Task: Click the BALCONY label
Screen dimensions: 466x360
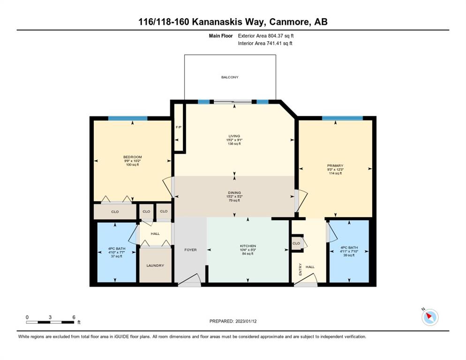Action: coord(230,77)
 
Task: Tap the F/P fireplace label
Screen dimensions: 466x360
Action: coord(179,127)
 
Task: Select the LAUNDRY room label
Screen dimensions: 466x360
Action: coord(155,265)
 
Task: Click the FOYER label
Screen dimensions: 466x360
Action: coord(190,250)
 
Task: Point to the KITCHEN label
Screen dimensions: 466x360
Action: coord(248,246)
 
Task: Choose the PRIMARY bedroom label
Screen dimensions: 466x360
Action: coord(335,165)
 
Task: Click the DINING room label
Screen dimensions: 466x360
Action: coord(234,193)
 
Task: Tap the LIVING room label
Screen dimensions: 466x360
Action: coord(234,136)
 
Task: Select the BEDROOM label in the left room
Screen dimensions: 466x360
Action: coord(133,157)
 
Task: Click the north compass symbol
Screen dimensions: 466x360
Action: coord(430,317)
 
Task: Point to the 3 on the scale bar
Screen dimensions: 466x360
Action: coord(50,317)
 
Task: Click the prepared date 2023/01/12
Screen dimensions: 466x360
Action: coord(246,322)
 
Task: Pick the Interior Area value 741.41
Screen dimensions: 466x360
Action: coord(275,44)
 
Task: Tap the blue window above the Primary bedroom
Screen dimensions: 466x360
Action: coord(342,118)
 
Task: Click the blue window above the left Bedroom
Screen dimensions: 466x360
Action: coord(128,118)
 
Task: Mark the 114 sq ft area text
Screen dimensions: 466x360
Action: coord(335,173)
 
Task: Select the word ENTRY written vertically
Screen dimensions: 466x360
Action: coord(300,270)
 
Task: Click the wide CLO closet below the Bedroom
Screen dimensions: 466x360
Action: coord(115,212)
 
